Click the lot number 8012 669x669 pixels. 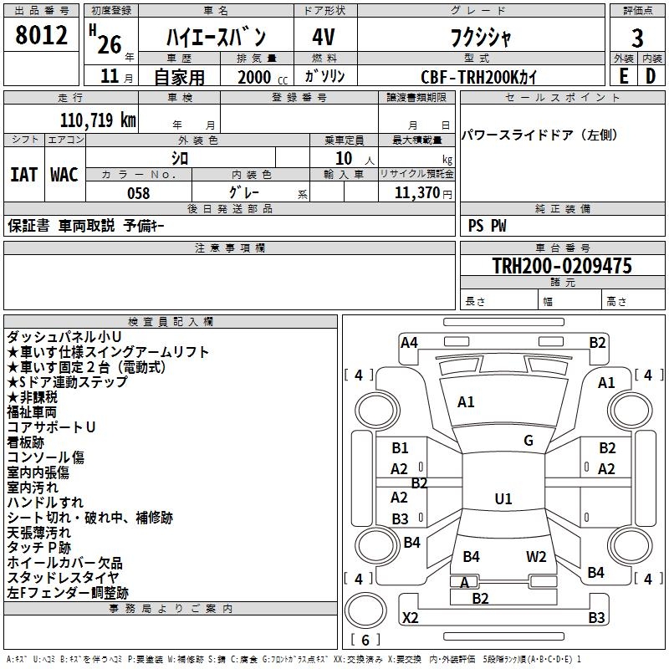(x=42, y=36)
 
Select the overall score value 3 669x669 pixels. (x=637, y=38)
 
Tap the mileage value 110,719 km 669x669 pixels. (x=98, y=120)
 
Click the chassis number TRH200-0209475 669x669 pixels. (x=561, y=267)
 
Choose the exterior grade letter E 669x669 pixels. (x=623, y=76)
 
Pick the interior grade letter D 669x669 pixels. (x=651, y=76)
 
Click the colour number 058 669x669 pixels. (x=138, y=193)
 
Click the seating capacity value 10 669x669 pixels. (x=342, y=158)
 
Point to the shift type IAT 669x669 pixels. (x=23, y=175)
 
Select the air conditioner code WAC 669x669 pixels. (x=64, y=175)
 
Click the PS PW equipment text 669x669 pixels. (x=488, y=226)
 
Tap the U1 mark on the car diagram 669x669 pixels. (x=503, y=499)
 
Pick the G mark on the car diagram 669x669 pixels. (x=529, y=441)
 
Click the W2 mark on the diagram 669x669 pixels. (x=536, y=557)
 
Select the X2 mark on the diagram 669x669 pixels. (x=411, y=618)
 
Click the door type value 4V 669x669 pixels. (x=324, y=38)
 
